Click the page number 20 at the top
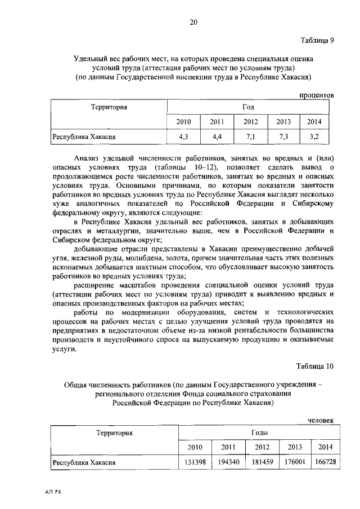click(193, 22)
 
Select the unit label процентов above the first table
click(316, 95)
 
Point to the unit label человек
click(320, 420)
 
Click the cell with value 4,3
click(183, 136)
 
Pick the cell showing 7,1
click(250, 136)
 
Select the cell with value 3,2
click(316, 136)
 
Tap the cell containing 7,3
click(283, 136)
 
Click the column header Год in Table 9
click(249, 107)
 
